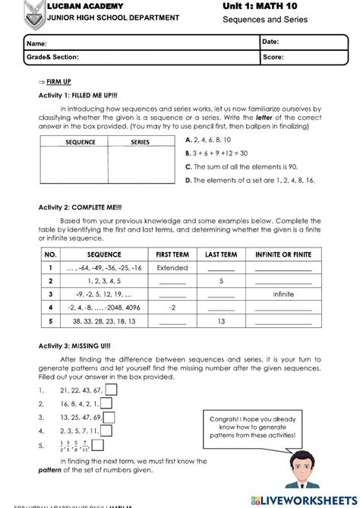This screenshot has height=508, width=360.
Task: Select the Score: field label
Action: click(273, 56)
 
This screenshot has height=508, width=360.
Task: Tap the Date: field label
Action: click(271, 41)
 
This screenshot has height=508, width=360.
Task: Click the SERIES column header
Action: click(141, 142)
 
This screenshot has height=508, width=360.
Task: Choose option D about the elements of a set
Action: click(250, 180)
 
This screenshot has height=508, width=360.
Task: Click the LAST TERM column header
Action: click(220, 255)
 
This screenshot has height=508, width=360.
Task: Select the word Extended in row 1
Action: click(172, 268)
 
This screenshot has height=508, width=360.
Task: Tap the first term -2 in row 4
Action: click(172, 308)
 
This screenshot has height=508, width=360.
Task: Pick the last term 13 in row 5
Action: click(220, 321)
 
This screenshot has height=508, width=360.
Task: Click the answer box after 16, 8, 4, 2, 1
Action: click(107, 404)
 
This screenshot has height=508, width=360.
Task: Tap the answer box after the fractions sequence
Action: click(102, 446)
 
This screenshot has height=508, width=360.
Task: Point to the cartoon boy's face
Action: click(303, 465)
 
